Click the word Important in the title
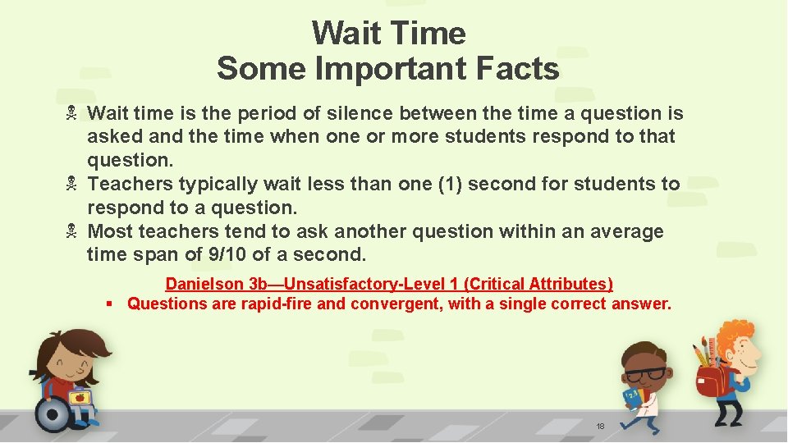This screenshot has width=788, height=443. (391, 69)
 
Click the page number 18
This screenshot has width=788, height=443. (600, 427)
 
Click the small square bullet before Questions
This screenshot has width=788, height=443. (108, 304)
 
